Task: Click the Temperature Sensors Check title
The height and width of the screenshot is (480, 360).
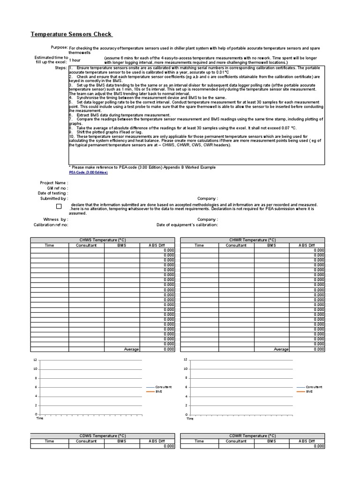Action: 71,34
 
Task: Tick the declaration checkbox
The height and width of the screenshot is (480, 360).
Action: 59,206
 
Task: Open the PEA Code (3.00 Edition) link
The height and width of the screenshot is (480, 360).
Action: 88,172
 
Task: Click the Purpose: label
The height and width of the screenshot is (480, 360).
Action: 59,48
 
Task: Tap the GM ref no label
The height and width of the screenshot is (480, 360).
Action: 58,188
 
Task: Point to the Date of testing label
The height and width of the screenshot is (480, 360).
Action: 52,193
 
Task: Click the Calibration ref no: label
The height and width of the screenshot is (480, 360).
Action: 51,225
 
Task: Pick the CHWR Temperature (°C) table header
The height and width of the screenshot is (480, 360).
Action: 252,240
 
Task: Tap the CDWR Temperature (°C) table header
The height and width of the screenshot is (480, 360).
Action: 252,436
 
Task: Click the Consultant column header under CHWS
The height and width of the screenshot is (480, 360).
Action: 86,245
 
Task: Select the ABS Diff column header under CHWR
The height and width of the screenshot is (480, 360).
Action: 307,245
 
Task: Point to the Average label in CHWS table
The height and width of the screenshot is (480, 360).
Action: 131,349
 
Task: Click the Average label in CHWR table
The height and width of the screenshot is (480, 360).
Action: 281,349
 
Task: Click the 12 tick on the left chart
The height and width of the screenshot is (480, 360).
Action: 35,360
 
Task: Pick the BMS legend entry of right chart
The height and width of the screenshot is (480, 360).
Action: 309,391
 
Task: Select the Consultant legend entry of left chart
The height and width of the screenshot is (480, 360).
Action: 164,387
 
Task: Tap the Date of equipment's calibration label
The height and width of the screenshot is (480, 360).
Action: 187,225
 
